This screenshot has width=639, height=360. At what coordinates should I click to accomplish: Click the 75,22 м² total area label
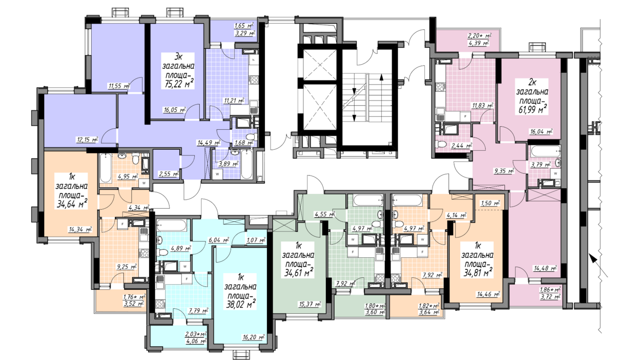click(x=179, y=84)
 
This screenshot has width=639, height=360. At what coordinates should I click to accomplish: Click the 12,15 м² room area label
click(x=87, y=140)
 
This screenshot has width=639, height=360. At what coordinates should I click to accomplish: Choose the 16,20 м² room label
click(x=254, y=337)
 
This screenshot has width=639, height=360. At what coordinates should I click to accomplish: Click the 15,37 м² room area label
click(x=310, y=304)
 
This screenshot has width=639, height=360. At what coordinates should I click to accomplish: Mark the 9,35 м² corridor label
click(x=504, y=171)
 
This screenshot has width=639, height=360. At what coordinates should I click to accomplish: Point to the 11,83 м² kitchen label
click(x=483, y=106)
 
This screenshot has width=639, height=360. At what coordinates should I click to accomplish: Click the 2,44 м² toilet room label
click(x=462, y=146)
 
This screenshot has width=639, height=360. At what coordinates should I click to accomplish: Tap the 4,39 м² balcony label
click(x=479, y=43)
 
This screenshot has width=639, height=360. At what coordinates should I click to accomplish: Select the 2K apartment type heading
click(x=532, y=83)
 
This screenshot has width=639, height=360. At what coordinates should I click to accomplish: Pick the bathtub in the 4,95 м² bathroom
click(x=105, y=168)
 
